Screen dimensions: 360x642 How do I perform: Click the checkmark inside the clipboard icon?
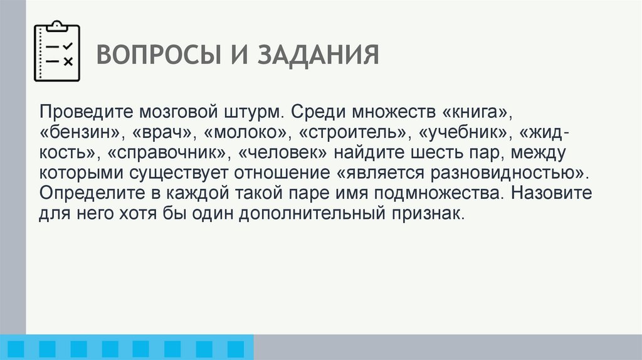coord(68,46)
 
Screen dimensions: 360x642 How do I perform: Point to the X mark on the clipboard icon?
coord(68,61)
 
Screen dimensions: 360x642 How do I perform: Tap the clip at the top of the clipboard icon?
coord(57,26)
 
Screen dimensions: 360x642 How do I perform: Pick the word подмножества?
coord(434,193)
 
